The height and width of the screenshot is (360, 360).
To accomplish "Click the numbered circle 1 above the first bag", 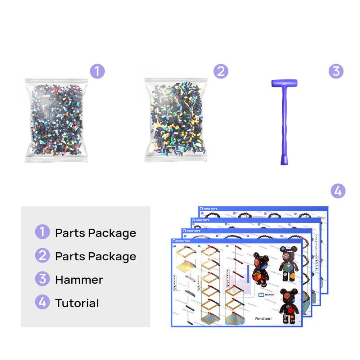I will pos(98,71).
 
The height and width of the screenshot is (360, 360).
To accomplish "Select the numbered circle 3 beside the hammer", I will pos(336,71).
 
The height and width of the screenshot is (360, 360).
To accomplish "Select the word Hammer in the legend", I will pos(79,280).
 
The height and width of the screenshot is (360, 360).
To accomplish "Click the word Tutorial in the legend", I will pos(77,303).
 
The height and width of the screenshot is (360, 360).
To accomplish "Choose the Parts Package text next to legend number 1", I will pos(95,233).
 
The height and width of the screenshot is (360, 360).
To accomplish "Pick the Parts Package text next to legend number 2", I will pos(95,256).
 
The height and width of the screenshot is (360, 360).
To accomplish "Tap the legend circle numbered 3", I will pos(43,280).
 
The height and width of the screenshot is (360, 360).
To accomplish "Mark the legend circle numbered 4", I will pos(43,303).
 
